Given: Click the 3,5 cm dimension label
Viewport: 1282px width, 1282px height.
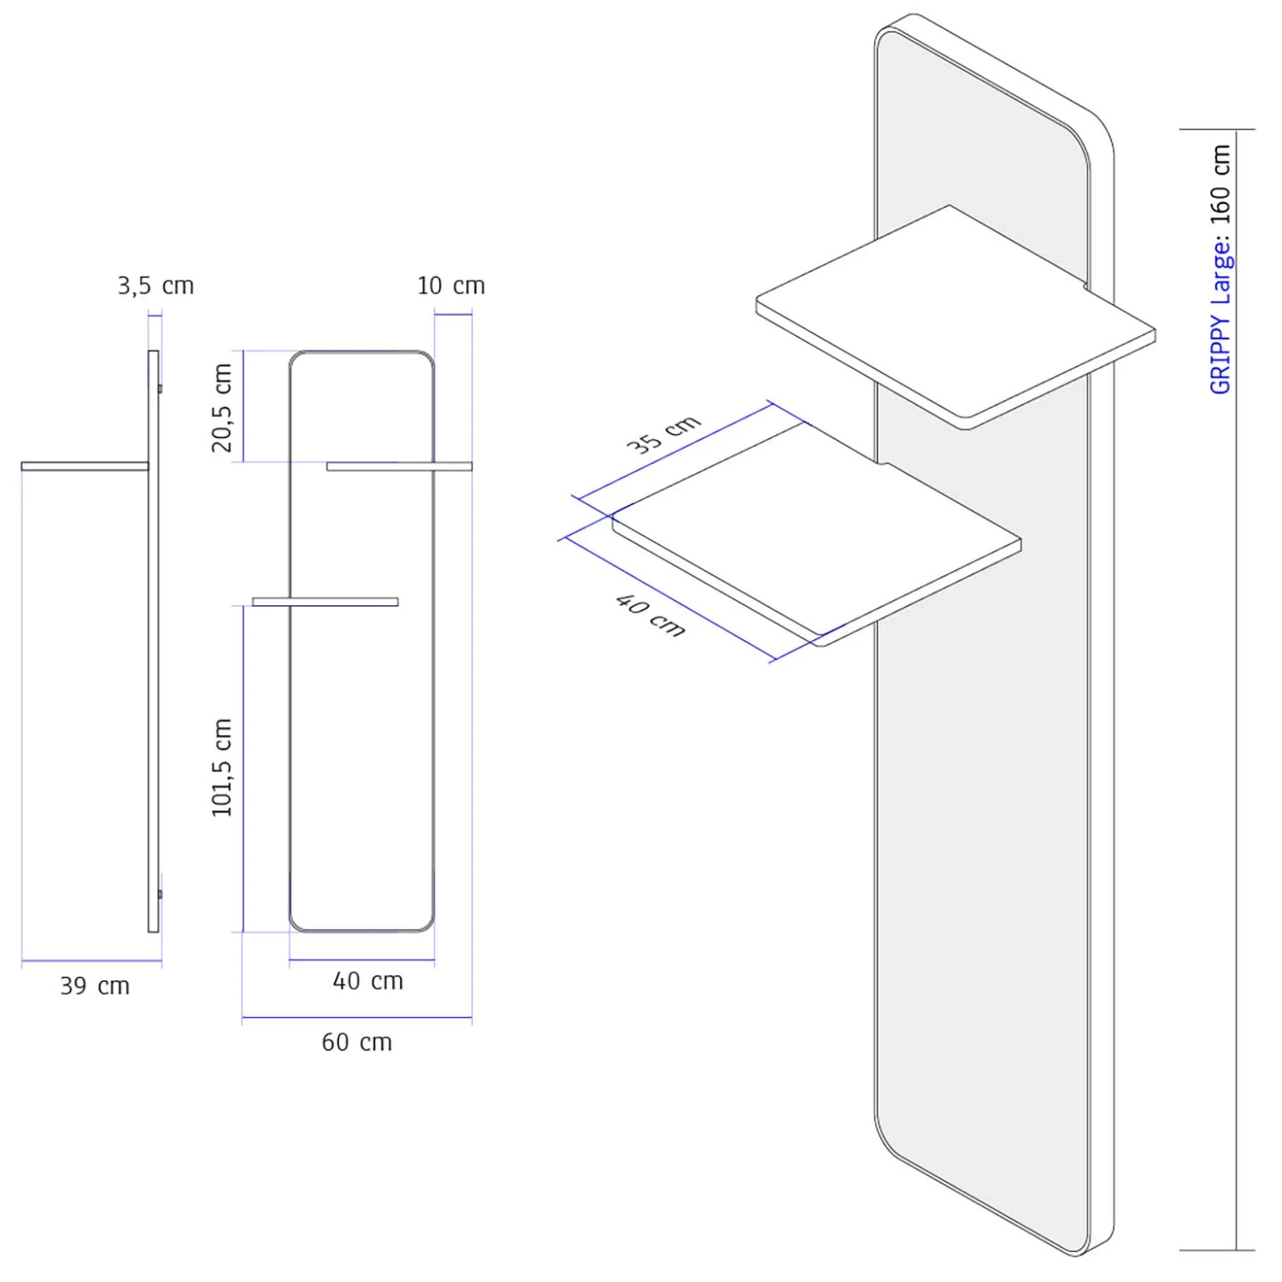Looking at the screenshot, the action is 156,285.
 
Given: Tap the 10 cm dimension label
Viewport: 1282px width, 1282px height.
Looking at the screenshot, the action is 451,285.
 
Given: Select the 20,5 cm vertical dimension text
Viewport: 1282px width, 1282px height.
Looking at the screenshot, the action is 222,408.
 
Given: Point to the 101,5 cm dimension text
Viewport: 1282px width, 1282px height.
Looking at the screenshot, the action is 222,767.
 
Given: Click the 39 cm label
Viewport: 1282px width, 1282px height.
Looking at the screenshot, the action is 95,985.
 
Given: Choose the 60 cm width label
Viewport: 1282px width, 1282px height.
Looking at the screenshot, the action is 357,1042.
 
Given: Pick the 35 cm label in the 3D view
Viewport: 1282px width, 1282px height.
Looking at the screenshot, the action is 664,434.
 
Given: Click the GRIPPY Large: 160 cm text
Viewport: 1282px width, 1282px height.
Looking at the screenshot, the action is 1220,269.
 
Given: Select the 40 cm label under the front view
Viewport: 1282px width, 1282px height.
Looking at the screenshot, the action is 368,980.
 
